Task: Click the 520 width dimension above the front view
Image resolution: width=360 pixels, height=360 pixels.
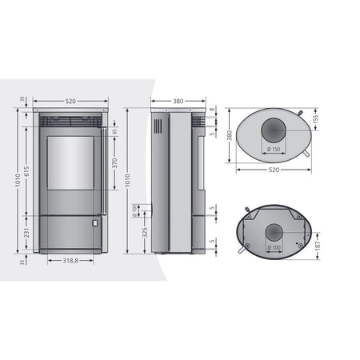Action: pos(70,102)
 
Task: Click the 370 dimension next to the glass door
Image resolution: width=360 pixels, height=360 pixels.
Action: pos(114,162)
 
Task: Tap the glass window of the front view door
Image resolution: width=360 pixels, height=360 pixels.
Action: pos(70,163)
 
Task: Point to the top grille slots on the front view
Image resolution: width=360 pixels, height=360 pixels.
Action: pos(70,122)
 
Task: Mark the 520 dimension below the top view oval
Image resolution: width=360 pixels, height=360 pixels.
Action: pos(274,169)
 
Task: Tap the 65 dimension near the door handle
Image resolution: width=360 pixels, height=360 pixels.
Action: pos(114,131)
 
